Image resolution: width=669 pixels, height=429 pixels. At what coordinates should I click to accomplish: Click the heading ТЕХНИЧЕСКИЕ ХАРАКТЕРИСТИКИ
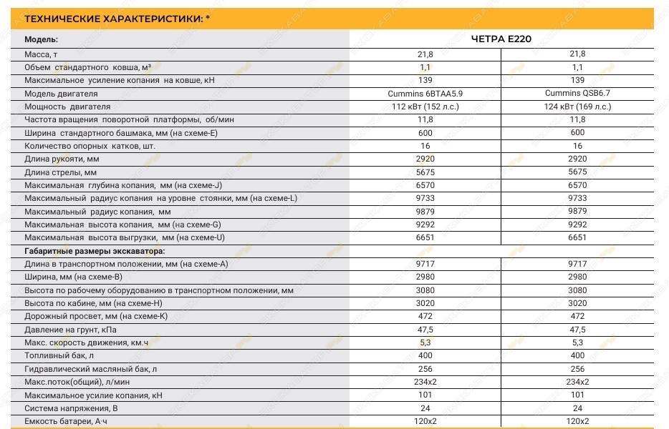[x=110, y=19]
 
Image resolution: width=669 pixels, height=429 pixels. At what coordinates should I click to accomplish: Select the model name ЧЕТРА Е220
[x=501, y=39]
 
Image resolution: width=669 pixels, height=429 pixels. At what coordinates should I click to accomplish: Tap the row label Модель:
[x=41, y=40]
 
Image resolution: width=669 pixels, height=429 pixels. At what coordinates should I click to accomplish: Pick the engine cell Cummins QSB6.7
[x=577, y=94]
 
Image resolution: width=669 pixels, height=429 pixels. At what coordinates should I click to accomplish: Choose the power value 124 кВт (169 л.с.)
[x=577, y=107]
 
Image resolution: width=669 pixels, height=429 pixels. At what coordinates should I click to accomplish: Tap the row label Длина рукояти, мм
[x=62, y=159]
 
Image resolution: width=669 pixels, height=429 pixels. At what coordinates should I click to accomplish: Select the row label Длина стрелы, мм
[x=60, y=172]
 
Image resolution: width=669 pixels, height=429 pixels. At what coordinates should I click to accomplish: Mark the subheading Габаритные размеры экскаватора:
[x=95, y=250]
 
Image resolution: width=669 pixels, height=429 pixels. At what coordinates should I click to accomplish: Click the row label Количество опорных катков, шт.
[x=90, y=146]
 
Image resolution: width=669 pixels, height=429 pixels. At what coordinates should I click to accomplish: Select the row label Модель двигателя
[x=61, y=94]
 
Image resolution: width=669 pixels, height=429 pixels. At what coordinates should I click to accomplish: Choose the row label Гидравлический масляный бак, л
[x=91, y=369]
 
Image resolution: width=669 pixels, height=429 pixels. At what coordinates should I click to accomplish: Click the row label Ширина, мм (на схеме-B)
[x=74, y=277]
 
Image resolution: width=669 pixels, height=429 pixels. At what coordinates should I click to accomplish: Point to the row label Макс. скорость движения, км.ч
[x=86, y=342]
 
